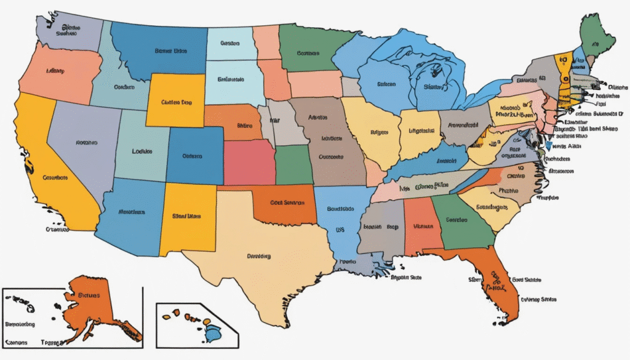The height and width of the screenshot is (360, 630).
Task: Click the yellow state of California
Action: (x=43, y=166)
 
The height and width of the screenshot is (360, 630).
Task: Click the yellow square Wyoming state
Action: (x=175, y=102)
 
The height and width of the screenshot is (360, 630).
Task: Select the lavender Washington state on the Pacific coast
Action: (x=71, y=31)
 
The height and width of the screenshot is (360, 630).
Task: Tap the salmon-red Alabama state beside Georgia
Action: (x=421, y=228)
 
